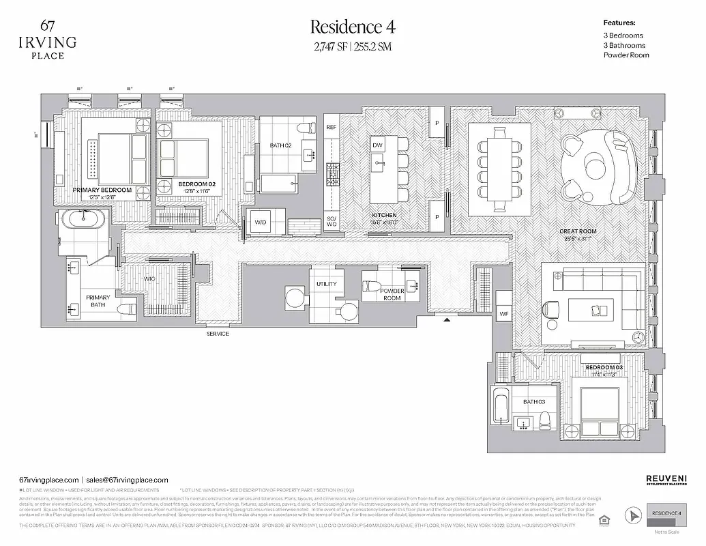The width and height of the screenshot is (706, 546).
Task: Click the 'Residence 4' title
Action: pos(352,27)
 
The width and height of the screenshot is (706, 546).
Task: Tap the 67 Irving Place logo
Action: pos(48,40)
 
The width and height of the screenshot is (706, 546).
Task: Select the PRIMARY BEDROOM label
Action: pos(102,191)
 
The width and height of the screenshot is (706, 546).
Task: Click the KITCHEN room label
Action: pos(385,216)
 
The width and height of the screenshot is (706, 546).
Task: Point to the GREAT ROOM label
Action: pos(578,231)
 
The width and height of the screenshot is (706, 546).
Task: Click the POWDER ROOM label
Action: pos(392,295)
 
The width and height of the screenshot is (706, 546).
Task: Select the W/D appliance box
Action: pos(261,222)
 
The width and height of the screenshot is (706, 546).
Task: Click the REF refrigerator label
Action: pos(332,127)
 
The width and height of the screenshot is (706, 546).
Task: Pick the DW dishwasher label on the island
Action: pos(377,145)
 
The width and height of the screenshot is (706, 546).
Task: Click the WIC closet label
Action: pos(150,279)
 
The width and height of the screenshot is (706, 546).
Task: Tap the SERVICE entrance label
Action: pos(218,334)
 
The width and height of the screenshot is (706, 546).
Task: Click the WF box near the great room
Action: pos(504,314)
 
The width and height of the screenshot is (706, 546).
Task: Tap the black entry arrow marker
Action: pos(447,319)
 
